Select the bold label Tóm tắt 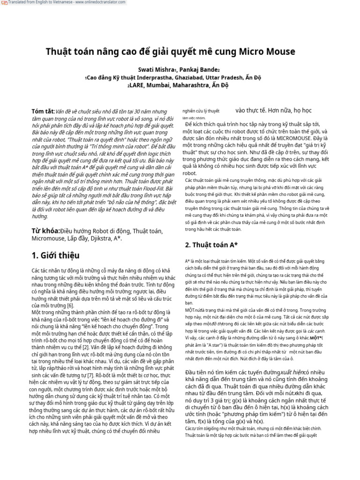point(43,112)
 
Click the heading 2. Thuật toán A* point(211,245)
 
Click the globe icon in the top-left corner point(2,3)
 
